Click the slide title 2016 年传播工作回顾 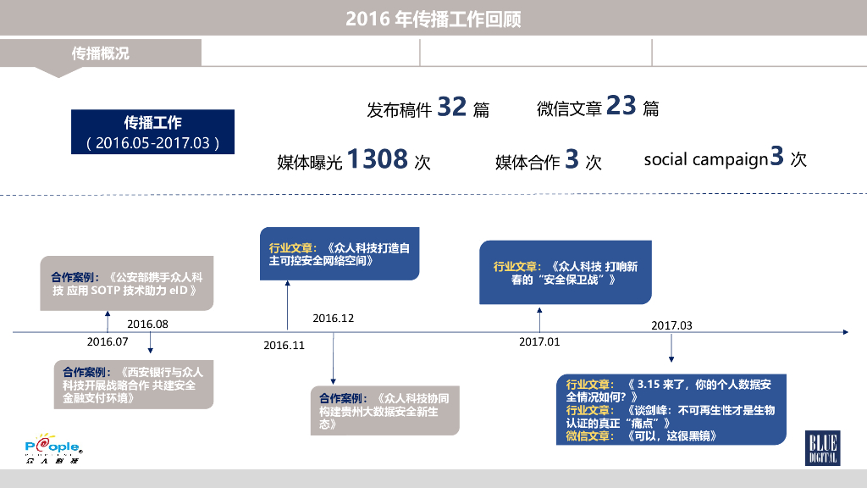[x=433, y=19]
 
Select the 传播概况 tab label [x=101, y=53]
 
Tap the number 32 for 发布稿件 [x=452, y=107]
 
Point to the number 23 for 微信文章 [x=621, y=106]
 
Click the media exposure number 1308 [x=378, y=158]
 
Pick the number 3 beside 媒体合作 [x=572, y=159]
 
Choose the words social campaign [x=705, y=159]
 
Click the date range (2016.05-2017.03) [x=153, y=142]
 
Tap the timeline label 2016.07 [x=107, y=341]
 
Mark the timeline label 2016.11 [x=284, y=345]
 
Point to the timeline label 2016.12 [x=333, y=319]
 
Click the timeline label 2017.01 [x=539, y=341]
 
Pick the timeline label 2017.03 [x=671, y=325]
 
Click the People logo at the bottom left [x=52, y=451]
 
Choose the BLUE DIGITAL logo [x=821, y=448]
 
